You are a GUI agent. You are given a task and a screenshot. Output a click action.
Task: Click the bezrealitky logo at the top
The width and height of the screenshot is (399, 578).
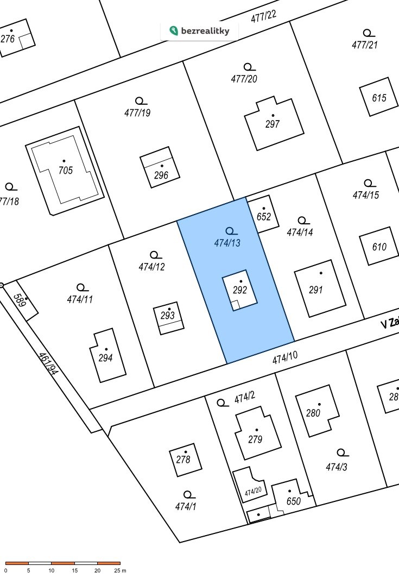(200, 31)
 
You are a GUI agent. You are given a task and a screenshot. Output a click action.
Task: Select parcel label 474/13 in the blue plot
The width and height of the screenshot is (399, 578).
(227, 243)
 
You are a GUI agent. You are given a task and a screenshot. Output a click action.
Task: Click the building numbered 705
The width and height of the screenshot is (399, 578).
(65, 170)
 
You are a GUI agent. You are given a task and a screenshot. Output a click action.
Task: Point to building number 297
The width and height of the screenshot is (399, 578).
(273, 124)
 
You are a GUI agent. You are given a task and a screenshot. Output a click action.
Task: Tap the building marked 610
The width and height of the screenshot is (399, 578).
(379, 247)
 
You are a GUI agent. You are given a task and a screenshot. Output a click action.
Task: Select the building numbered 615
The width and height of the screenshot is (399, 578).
(379, 98)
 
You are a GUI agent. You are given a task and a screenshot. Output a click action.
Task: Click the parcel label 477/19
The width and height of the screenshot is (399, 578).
(137, 113)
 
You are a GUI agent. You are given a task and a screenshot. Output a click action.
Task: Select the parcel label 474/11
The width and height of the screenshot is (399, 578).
(80, 299)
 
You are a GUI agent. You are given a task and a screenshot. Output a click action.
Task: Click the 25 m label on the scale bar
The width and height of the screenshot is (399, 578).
(120, 570)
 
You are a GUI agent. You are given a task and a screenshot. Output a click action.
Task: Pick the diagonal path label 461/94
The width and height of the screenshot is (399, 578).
(47, 364)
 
